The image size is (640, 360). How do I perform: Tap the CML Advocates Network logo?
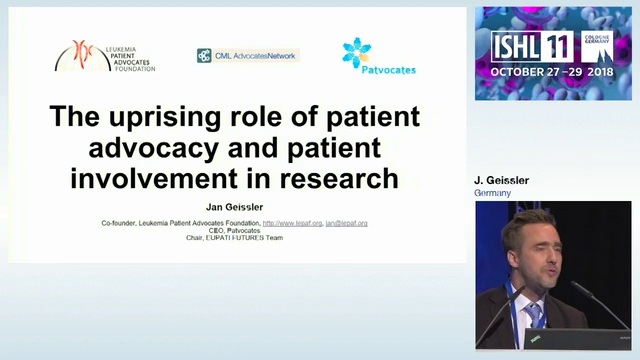pos(248,56)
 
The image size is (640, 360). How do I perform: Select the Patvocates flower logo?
pos(357,51)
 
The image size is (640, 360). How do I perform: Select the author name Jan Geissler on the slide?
pos(237,208)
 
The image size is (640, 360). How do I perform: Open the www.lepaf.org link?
pos(292,223)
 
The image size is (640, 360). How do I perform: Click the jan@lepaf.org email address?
pos(346,223)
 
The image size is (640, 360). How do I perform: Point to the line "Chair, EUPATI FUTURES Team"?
pos(237,238)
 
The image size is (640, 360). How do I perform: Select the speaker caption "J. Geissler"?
pos(501,181)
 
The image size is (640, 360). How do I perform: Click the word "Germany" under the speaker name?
pos(492,192)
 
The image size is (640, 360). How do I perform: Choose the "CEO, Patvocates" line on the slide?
pos(237,231)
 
